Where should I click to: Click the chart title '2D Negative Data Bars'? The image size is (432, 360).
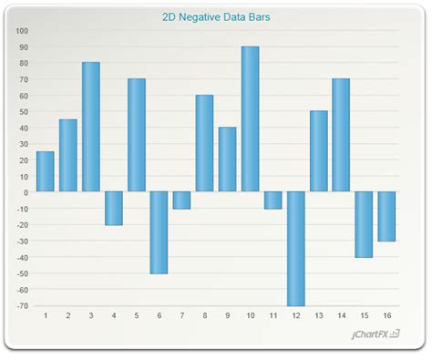216,16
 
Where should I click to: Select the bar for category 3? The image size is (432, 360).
91,127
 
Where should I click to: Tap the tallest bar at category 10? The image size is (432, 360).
250,118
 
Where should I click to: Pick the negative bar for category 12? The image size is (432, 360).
295,248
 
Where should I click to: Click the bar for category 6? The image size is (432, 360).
159,231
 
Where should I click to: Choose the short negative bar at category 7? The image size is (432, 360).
182,200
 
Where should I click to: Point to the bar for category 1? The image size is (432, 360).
46,171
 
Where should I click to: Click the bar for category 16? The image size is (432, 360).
386,216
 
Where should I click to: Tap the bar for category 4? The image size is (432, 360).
114,208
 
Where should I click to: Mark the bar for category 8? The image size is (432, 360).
205,143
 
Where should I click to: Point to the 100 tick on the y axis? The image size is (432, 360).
22,30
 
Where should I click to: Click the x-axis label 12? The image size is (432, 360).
295,316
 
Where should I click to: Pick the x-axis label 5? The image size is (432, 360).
137,316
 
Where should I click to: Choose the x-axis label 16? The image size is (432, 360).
386,316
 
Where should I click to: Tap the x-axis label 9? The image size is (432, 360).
228,316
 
